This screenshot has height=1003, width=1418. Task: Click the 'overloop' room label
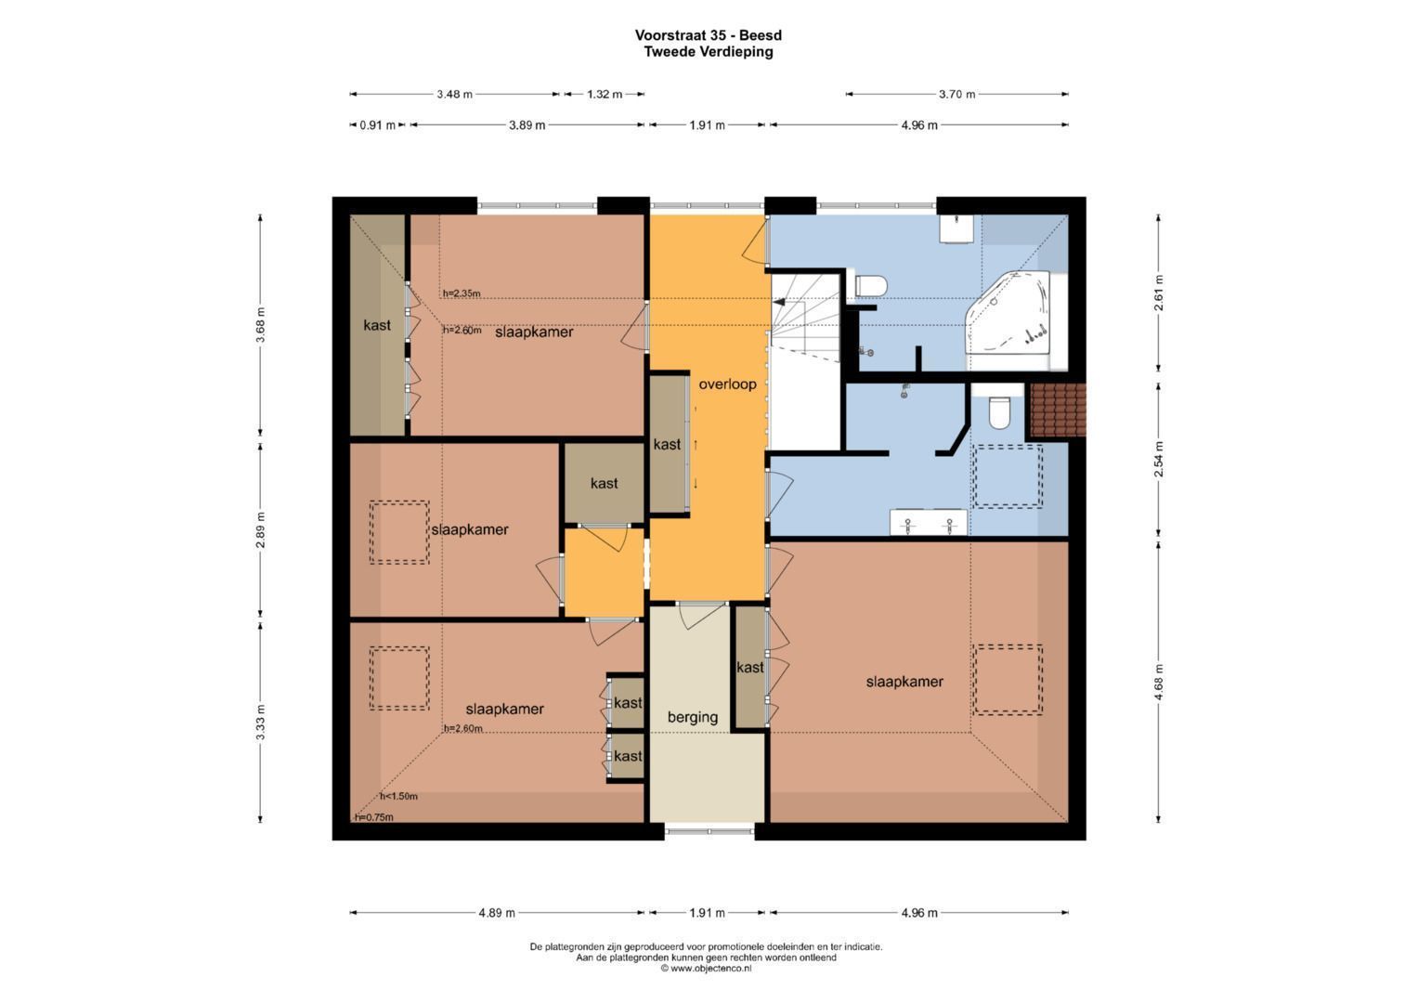[727, 384]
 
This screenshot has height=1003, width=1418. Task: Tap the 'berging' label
[693, 717]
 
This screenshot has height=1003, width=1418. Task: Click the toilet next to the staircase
[871, 285]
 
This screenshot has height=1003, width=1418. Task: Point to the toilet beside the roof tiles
[999, 412]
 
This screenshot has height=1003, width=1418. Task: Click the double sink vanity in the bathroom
[928, 524]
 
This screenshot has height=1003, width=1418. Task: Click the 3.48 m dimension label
[454, 94]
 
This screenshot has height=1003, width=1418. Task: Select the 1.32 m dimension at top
[605, 94]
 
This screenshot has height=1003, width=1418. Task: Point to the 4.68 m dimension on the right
[1158, 681]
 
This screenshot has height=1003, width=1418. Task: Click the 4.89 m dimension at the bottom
[497, 913]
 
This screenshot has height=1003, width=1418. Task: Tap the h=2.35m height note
[462, 293]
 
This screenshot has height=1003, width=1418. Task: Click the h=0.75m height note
[374, 817]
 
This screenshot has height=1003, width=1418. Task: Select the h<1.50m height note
[398, 796]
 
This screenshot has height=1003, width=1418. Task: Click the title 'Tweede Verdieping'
[709, 52]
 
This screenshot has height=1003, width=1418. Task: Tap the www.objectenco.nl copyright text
[706, 968]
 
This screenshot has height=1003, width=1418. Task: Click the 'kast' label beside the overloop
[667, 445]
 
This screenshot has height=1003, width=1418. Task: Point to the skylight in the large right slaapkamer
[1008, 680]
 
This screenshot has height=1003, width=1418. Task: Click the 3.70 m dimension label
[956, 94]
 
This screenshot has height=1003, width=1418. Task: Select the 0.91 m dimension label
[377, 125]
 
